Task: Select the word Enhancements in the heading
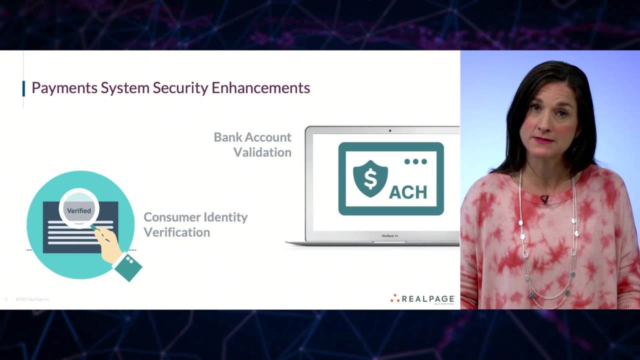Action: (260, 88)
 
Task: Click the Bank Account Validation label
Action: (252, 144)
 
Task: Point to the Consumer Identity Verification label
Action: (195, 224)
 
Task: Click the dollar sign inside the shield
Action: (370, 178)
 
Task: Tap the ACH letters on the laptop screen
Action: (408, 191)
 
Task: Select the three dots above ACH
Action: (415, 161)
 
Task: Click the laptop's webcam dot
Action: (390, 131)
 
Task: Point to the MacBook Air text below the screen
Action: (390, 235)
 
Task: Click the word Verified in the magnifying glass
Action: (79, 210)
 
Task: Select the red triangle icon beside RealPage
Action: (395, 298)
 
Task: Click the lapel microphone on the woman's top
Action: (544, 199)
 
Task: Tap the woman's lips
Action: (544, 140)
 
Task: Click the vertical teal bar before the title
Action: (23, 88)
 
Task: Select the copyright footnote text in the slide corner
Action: (32, 299)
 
